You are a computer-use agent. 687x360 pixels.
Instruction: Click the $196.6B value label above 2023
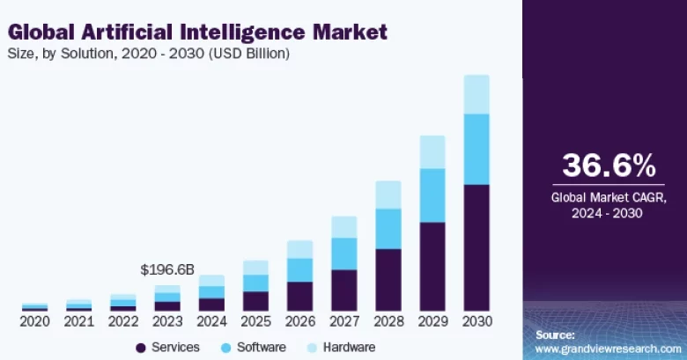click(167, 268)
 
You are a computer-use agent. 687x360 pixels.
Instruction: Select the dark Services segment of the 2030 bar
click(476, 247)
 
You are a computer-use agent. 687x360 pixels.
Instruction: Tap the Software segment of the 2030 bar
click(476, 149)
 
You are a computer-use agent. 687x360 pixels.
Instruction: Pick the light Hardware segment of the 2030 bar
click(476, 94)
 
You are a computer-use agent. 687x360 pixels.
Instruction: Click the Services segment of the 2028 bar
click(388, 280)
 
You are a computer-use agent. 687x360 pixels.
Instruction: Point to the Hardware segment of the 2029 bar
click(432, 152)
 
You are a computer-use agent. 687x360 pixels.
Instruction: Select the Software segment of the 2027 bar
click(344, 253)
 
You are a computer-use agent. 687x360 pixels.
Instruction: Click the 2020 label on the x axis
click(35, 321)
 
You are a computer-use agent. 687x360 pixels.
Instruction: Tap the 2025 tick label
click(255, 321)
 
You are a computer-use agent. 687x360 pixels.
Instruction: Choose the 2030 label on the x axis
click(476, 321)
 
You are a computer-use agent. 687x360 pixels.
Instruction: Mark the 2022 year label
click(123, 321)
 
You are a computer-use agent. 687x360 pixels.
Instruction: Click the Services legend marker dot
click(141, 347)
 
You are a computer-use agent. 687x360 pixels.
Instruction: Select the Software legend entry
click(254, 347)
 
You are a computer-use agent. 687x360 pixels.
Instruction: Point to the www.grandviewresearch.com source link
click(609, 349)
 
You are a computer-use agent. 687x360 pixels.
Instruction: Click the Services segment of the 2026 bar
click(299, 296)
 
